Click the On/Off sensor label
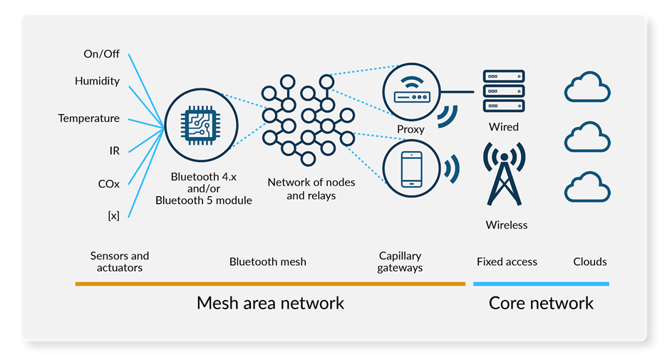click(102, 53)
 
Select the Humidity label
click(97, 81)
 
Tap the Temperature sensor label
click(88, 118)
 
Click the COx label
click(108, 183)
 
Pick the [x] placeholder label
click(113, 215)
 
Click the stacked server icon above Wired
click(503, 91)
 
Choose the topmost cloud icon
click(587, 89)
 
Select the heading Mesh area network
click(270, 303)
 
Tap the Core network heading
click(541, 303)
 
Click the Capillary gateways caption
click(400, 262)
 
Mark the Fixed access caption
click(507, 262)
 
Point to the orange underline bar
click(270, 284)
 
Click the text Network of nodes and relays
click(311, 189)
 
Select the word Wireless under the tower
click(507, 225)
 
